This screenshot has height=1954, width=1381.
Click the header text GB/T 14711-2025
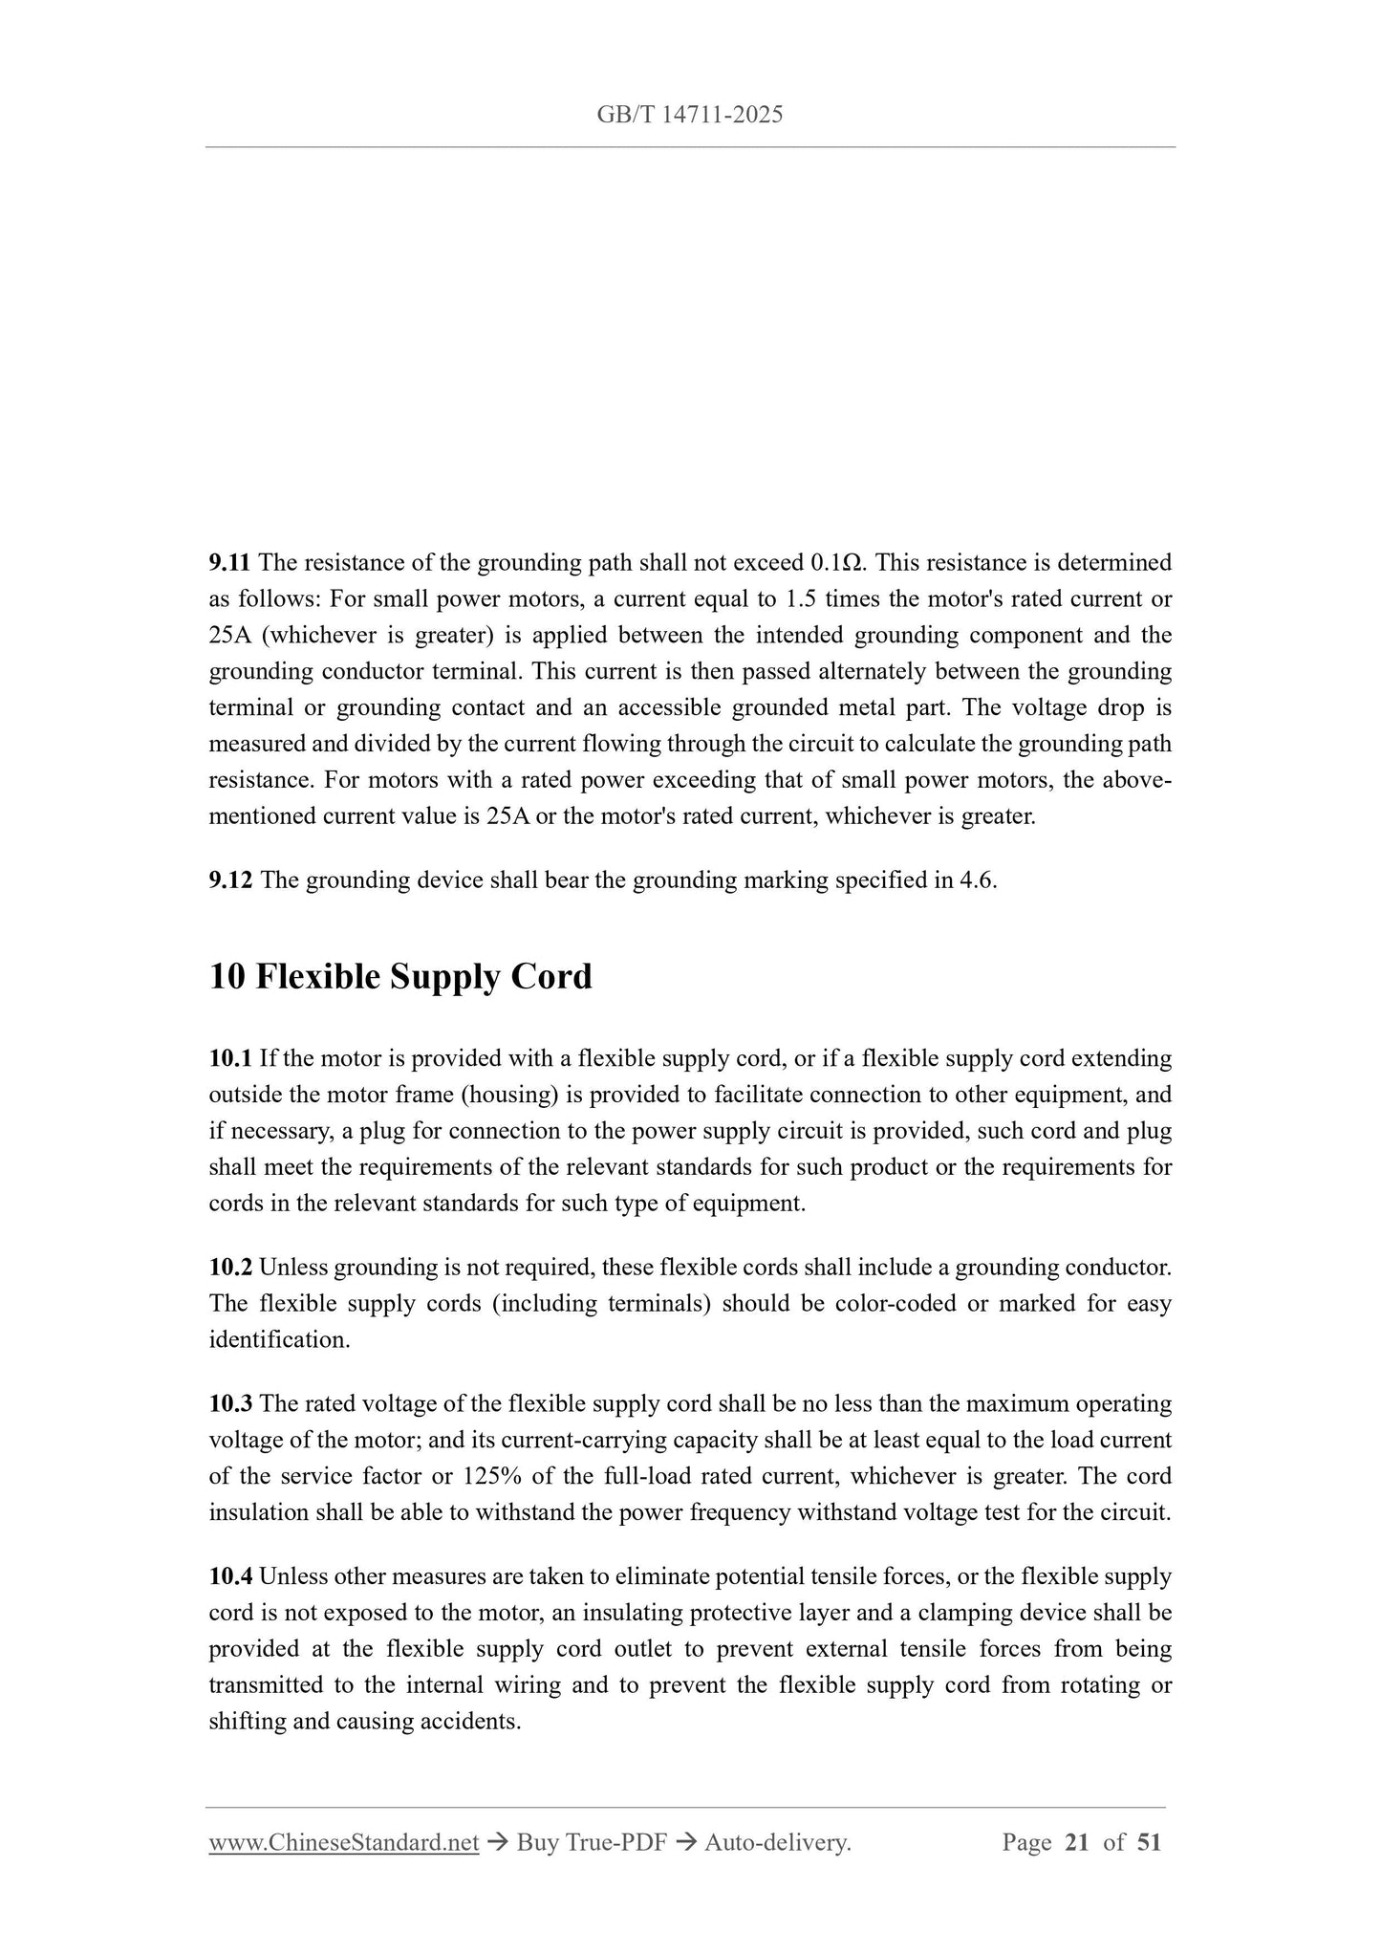click(x=689, y=116)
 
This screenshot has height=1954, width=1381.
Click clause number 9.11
click(x=230, y=563)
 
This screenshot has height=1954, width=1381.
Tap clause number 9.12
click(x=231, y=880)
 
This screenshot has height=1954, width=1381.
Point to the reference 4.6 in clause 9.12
click(x=975, y=880)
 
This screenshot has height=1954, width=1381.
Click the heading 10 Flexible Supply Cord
click(x=400, y=977)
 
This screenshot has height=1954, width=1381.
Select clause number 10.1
click(x=230, y=1059)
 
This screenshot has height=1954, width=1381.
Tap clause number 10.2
click(x=230, y=1268)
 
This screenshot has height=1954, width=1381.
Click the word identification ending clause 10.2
click(x=278, y=1340)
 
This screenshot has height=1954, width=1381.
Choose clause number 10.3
click(x=230, y=1404)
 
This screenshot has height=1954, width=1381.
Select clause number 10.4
click(x=230, y=1576)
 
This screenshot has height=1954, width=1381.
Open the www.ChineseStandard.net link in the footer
click(x=343, y=1843)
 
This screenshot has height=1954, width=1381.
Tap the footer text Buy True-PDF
click(x=592, y=1843)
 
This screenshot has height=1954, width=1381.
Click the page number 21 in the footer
click(x=1076, y=1843)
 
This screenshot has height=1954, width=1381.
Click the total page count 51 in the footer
click(x=1149, y=1843)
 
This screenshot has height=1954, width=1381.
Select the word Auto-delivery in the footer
click(x=776, y=1843)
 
